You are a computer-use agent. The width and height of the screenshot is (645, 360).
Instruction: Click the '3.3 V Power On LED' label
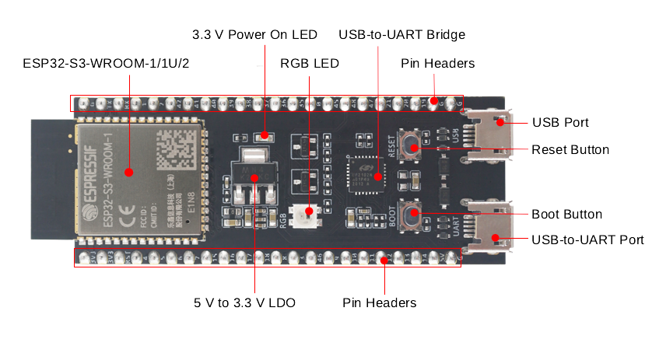(x=254, y=35)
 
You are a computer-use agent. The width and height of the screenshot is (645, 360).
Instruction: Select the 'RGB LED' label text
(x=310, y=63)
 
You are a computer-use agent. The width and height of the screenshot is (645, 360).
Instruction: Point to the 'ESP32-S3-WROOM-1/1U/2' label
(x=107, y=63)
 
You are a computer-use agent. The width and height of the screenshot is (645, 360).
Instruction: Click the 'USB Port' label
(x=560, y=123)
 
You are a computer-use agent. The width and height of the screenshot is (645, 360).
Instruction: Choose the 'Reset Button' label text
(x=570, y=149)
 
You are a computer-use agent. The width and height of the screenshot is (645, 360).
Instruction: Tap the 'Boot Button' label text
(x=566, y=214)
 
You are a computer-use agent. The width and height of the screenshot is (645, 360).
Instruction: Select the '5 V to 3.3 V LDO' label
(x=244, y=302)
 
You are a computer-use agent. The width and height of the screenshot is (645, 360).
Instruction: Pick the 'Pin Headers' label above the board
(x=437, y=63)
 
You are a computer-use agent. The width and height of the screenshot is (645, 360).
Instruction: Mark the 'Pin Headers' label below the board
(x=380, y=302)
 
